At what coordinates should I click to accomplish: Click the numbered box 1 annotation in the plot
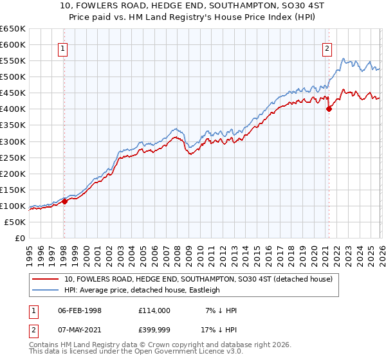[x=64, y=48]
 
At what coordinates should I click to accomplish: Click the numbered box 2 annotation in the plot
[x=327, y=48]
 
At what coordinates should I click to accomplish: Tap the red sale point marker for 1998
[x=64, y=201]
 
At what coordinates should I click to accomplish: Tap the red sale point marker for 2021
[x=329, y=109]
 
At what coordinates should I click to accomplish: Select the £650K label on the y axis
[x=13, y=29]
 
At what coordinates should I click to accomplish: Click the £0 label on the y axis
[x=20, y=239]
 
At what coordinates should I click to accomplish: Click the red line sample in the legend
[x=46, y=279]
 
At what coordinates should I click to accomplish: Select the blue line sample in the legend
[x=46, y=290]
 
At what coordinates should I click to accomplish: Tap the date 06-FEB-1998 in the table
[x=80, y=310]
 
